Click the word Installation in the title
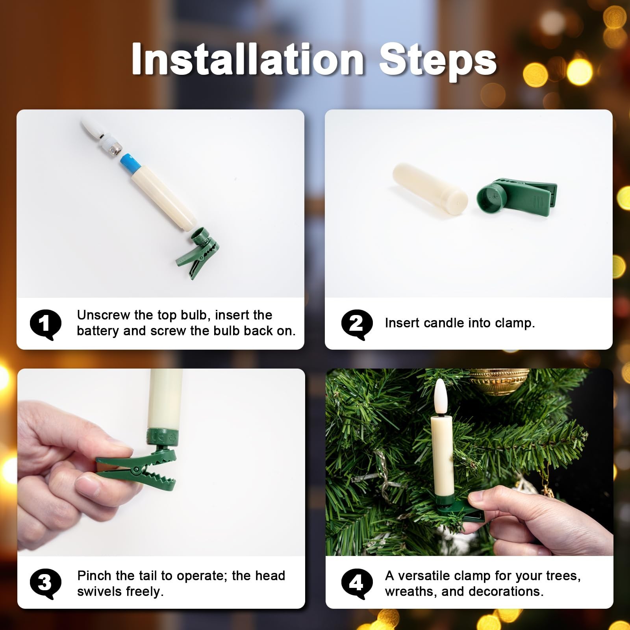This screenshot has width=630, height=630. coord(248,59)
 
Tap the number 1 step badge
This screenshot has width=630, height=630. coord(46,324)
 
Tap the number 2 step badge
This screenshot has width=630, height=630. coord(357,324)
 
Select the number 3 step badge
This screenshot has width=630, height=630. coord(46,584)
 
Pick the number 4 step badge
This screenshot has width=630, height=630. coord(357,584)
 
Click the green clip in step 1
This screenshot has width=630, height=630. coord(196,252)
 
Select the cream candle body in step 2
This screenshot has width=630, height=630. coord(430,185)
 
